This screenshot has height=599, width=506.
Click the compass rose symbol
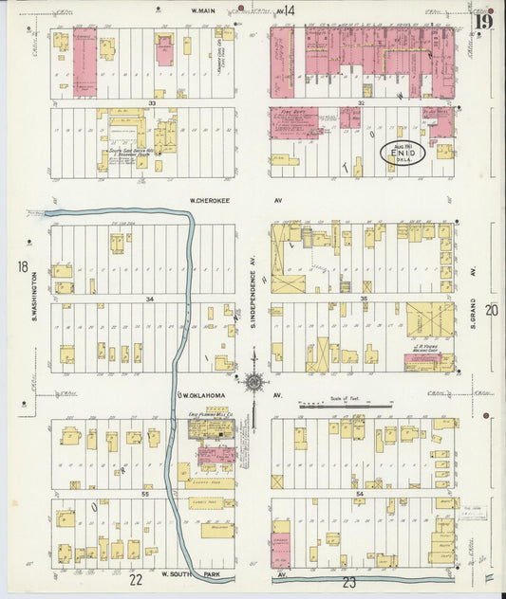(x=253, y=382)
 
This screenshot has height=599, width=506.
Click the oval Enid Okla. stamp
(x=403, y=153)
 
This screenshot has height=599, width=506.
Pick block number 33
(x=151, y=102)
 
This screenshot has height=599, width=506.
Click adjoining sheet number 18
(x=23, y=267)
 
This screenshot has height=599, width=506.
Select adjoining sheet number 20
(x=491, y=309)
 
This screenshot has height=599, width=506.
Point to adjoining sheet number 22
(x=136, y=579)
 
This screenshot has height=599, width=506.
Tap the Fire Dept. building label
(x=292, y=112)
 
